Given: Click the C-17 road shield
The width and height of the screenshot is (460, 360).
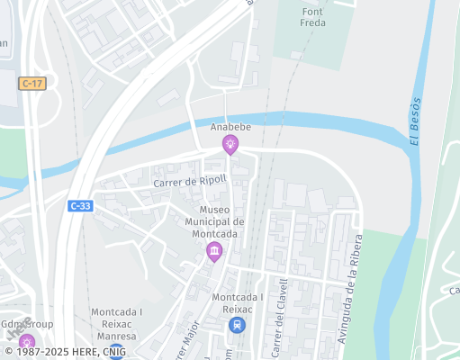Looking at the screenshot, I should pyautogui.click(x=32, y=83).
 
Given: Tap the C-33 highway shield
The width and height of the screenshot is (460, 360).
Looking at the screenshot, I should pyautogui.click(x=79, y=205).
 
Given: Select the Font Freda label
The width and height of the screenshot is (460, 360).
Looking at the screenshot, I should pyautogui.click(x=313, y=17).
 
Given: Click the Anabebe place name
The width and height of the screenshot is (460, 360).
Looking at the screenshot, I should pyautogui.click(x=231, y=128).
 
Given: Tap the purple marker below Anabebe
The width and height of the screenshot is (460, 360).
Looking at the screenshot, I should pyautogui.click(x=231, y=144).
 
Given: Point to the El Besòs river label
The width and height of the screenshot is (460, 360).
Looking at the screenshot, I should pyautogui.click(x=415, y=120).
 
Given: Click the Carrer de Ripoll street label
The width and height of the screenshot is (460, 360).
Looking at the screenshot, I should pyautogui.click(x=190, y=181).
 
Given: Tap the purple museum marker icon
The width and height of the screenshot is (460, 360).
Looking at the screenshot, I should pyautogui.click(x=213, y=252).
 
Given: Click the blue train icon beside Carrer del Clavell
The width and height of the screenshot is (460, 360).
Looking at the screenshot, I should pyautogui.click(x=237, y=325).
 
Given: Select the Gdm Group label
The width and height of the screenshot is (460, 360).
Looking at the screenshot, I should pyautogui.click(x=27, y=324).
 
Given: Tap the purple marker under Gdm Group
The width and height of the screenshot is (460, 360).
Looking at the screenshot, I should pyautogui.click(x=27, y=342).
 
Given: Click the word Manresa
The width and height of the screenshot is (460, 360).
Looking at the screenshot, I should pyautogui.click(x=116, y=336).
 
